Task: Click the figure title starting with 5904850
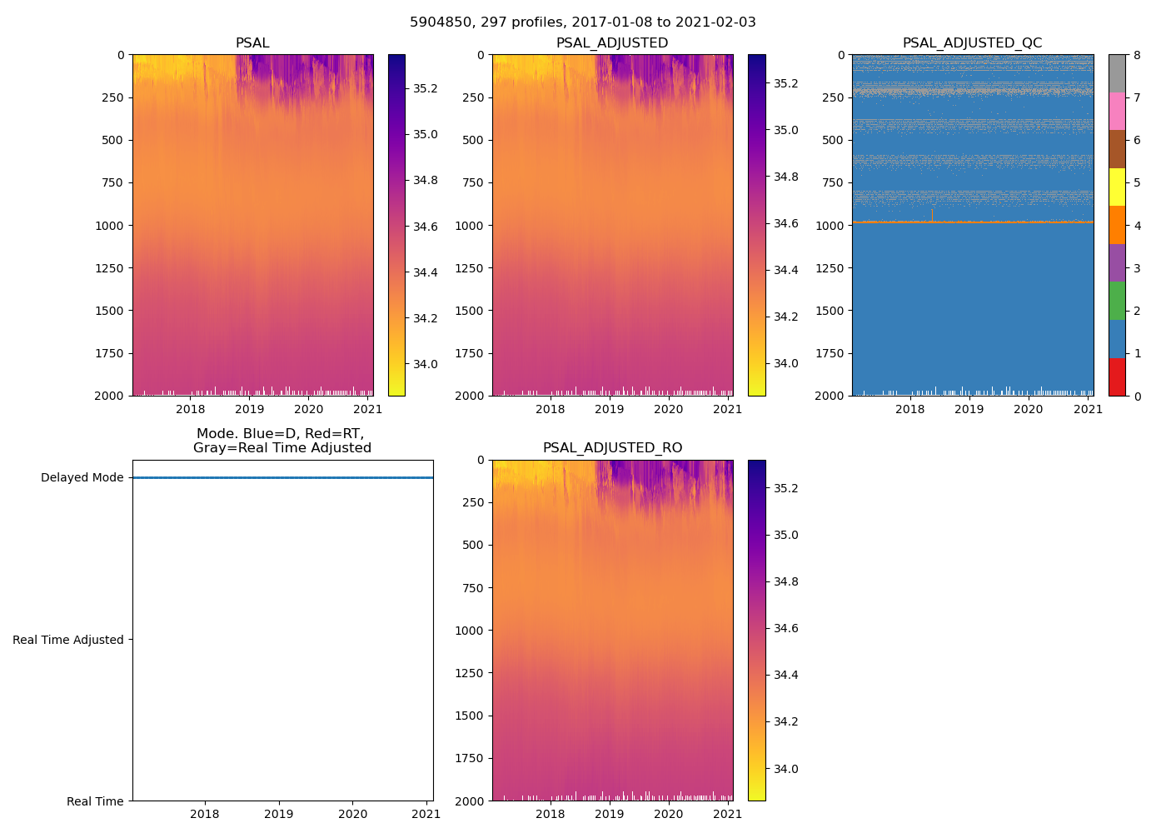(x=582, y=22)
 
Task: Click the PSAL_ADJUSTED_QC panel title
(x=972, y=43)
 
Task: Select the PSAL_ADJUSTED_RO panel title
(x=612, y=448)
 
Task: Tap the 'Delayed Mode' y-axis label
(x=82, y=478)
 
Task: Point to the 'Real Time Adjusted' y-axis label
(x=68, y=640)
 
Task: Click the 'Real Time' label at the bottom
(x=95, y=801)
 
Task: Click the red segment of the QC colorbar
(x=1117, y=377)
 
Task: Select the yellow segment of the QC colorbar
(x=1117, y=187)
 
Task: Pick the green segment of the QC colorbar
(x=1117, y=301)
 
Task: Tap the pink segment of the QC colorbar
(x=1117, y=111)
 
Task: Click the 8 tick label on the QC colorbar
(x=1137, y=55)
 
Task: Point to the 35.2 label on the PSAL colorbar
(x=426, y=88)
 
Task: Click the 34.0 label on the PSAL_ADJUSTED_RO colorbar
(x=786, y=769)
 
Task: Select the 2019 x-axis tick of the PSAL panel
(x=249, y=409)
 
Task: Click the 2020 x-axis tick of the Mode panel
(x=352, y=814)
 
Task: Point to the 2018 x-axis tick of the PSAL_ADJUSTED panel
(x=550, y=409)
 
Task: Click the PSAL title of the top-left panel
(x=252, y=43)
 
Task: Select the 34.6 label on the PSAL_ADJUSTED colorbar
(x=786, y=223)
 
